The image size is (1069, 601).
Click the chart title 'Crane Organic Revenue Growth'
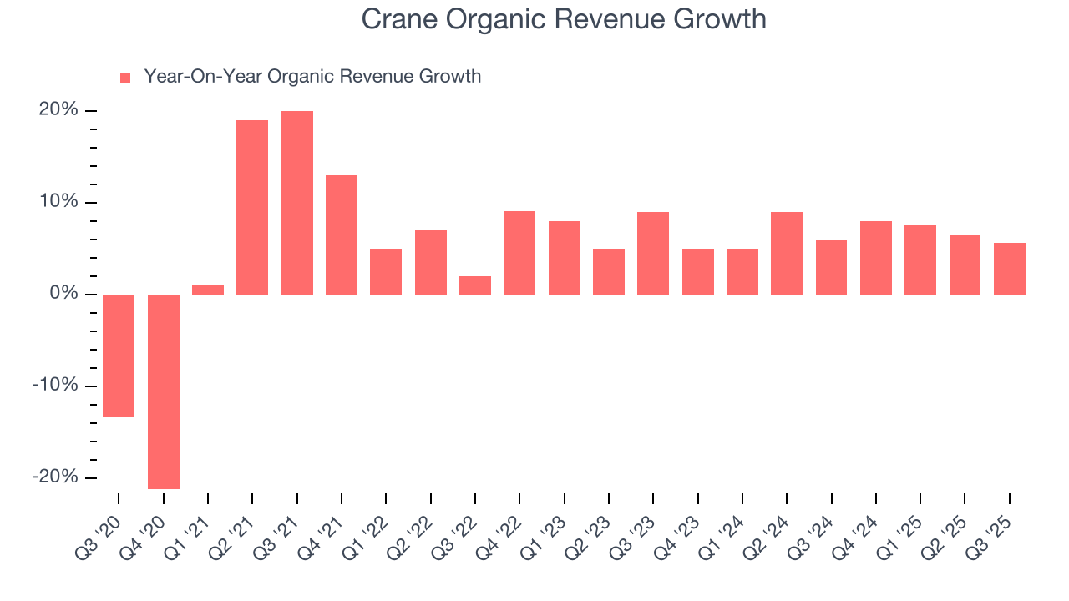[x=564, y=18]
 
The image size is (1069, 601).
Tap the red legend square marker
[x=125, y=78]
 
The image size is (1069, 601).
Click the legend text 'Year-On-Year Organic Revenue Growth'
[x=312, y=77]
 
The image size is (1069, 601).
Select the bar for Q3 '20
[x=119, y=355]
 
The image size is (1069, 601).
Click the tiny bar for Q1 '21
[x=208, y=290]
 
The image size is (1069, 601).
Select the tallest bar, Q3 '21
[x=297, y=203]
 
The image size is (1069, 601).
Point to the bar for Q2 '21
[x=252, y=207]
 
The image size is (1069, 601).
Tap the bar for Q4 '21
[x=342, y=235]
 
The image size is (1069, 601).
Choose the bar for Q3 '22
[x=475, y=285]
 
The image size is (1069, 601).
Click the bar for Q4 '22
[x=519, y=253]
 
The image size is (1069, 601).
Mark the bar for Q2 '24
[x=787, y=253]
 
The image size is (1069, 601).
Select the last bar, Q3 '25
[x=1010, y=269]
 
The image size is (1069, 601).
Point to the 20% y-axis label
[x=59, y=110]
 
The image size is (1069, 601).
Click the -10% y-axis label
[x=55, y=385]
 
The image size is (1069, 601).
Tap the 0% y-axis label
[x=63, y=294]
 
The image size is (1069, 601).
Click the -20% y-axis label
[x=55, y=477]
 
